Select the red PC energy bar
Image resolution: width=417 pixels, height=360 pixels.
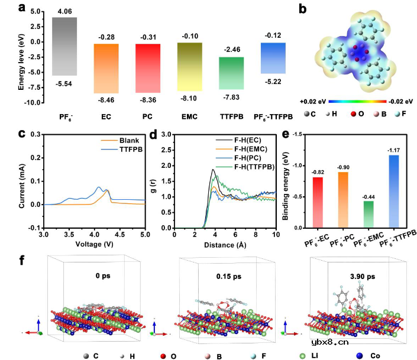[148, 68]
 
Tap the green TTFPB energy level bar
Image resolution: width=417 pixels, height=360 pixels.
[231, 73]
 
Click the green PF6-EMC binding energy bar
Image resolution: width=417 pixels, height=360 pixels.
[353, 214]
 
